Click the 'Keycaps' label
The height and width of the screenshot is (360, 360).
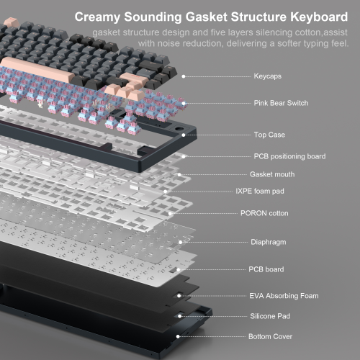point(268,76)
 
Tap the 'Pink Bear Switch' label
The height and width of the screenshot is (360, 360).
point(281,103)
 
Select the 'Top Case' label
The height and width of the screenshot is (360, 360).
point(269,135)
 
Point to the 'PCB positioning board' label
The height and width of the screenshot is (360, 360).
point(289,156)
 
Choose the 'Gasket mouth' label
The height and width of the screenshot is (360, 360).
point(272,174)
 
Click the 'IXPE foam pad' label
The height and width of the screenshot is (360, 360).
point(260,191)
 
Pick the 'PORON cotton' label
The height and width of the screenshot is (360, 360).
point(264,213)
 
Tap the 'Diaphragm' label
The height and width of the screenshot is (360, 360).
point(269,242)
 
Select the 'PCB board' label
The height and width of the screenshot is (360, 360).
point(266,269)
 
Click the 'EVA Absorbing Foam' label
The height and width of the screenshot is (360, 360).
point(284,296)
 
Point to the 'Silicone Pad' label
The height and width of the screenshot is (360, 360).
point(270,316)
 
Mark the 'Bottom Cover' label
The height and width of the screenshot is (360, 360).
point(270,336)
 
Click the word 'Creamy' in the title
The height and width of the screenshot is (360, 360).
point(97,17)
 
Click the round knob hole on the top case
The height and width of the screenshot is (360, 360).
point(178,129)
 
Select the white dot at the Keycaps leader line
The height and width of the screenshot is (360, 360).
point(184,76)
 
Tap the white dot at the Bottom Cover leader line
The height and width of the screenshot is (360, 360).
point(178,336)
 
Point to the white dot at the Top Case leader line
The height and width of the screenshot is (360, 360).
point(184,135)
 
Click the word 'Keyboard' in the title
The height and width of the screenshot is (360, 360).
point(319,17)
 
